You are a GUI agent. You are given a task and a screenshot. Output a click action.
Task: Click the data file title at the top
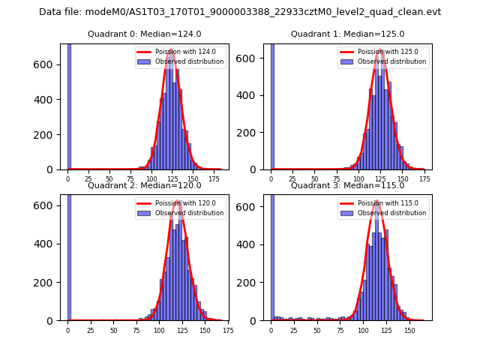coord(240,12)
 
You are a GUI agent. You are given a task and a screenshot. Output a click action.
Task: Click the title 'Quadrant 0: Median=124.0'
coord(144,34)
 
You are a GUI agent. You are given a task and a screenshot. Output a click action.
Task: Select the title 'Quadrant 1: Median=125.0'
coord(347,34)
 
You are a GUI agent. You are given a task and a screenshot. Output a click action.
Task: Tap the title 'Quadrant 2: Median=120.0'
coord(144,185)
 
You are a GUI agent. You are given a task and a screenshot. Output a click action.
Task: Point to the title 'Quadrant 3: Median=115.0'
coord(347,185)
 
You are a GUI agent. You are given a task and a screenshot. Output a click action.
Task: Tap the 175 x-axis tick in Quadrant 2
coord(228,330)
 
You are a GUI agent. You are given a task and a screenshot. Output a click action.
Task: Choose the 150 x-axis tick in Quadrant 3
coord(409,330)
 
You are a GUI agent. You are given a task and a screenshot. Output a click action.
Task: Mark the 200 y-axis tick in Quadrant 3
coord(254,282)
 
